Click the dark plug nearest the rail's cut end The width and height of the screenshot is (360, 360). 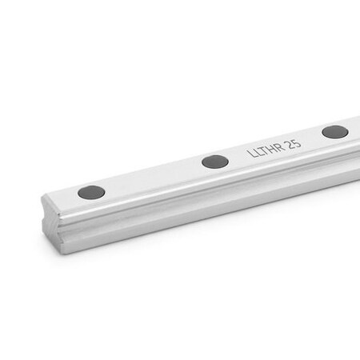[91, 192]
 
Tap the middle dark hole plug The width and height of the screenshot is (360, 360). [214, 162]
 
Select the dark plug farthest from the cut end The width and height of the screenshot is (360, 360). [334, 132]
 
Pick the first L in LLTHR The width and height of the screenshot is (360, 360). [250, 153]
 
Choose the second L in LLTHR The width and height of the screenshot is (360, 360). [257, 151]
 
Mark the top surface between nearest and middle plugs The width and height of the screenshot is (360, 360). [152, 177]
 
